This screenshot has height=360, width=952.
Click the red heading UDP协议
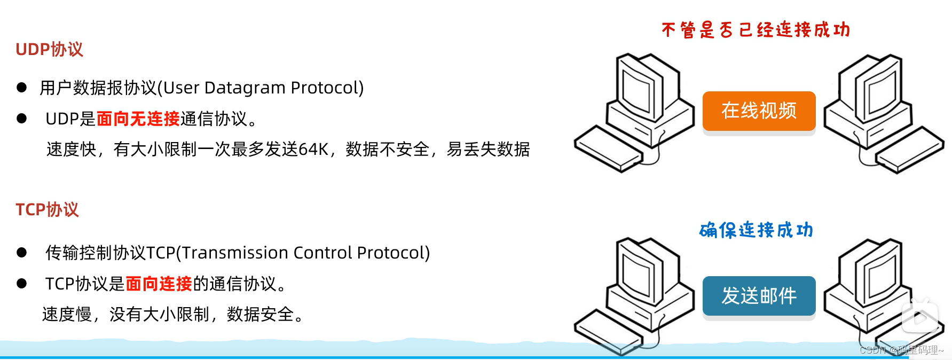click(49, 49)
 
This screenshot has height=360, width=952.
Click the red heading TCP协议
click(47, 209)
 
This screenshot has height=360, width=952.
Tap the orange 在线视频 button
click(759, 111)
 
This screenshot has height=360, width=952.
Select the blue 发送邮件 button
click(759, 296)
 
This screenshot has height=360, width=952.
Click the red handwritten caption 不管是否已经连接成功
click(756, 30)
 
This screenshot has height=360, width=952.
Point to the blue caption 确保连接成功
click(756, 230)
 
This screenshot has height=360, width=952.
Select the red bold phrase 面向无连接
click(138, 119)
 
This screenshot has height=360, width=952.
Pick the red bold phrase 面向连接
click(159, 284)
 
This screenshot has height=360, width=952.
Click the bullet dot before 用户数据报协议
click(22, 88)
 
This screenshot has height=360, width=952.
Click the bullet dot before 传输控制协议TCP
click(22, 253)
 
